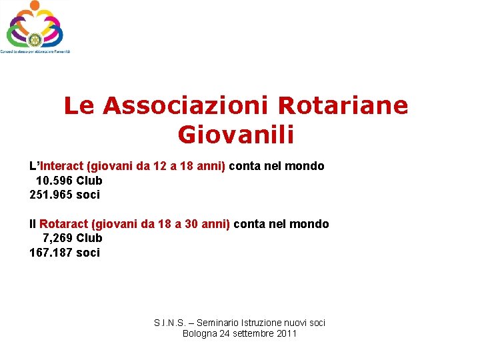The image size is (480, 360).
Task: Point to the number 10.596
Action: point(54,181)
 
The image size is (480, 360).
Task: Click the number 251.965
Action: point(52,195)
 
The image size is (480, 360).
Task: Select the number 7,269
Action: point(57,238)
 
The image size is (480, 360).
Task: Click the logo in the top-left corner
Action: point(34,27)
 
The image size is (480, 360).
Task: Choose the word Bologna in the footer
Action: point(199,333)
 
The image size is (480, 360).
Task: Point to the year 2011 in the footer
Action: point(285,333)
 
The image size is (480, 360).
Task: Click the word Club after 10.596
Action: point(89,181)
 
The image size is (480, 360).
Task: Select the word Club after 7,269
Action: point(89,238)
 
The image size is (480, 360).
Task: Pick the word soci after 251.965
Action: point(89,195)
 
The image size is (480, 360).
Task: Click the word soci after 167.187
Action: point(89,253)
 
